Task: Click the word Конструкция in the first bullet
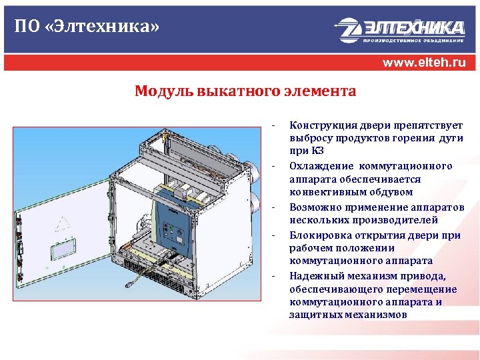(x=317, y=125)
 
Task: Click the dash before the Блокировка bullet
(x=274, y=235)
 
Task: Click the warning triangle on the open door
(x=62, y=222)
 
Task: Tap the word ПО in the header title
(x=25, y=28)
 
